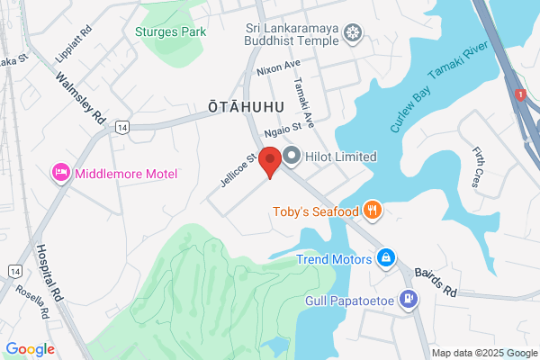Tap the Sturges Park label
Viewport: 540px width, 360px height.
(170, 31)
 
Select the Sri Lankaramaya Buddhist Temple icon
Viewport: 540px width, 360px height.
(354, 33)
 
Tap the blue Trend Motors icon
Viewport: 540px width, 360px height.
(385, 259)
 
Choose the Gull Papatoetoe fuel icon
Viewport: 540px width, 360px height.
(409, 299)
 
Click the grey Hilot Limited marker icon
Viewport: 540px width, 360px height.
(292, 157)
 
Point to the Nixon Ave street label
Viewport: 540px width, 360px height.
(277, 67)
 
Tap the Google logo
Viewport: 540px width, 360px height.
(30, 348)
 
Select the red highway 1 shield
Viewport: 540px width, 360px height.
(519, 94)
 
